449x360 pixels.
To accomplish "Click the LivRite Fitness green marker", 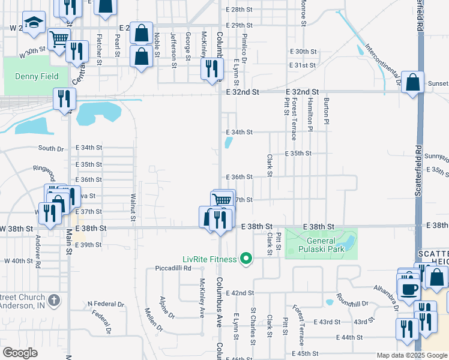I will (x=246, y=259).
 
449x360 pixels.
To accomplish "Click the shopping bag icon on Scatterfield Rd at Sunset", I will (x=413, y=82).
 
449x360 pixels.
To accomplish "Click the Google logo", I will (x=20, y=353).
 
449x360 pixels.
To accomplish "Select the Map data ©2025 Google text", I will (x=411, y=355).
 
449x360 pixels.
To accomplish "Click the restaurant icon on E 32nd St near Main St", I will (x=64, y=97).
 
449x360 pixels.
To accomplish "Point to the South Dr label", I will (x=51, y=148).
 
